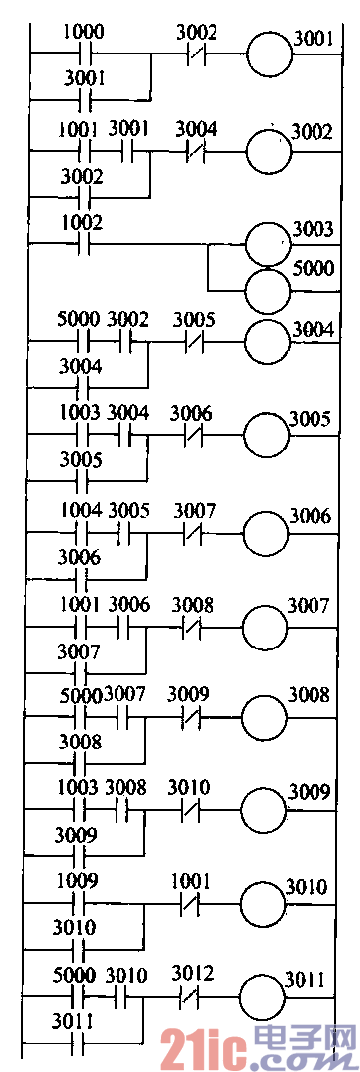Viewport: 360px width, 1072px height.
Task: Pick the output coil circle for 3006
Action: point(265,533)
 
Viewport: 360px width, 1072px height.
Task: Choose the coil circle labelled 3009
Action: point(265,810)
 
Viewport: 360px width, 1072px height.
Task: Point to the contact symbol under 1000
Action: point(84,55)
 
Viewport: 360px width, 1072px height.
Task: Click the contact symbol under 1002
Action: point(84,243)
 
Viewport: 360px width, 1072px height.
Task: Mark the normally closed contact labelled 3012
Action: point(192,997)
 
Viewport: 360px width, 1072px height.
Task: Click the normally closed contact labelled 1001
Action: point(192,905)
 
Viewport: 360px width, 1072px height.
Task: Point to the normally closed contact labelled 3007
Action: point(192,533)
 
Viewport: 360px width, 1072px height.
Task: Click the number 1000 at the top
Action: point(83,32)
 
